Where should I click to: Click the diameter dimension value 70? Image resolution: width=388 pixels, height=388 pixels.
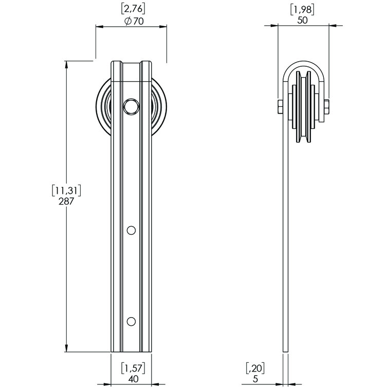(x=135, y=22)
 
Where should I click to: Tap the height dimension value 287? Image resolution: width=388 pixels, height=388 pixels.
(x=67, y=201)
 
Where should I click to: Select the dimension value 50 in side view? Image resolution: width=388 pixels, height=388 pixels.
(x=302, y=20)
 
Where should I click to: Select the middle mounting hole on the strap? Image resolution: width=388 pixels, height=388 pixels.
(x=132, y=230)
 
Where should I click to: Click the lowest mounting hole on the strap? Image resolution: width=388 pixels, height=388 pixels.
(x=132, y=321)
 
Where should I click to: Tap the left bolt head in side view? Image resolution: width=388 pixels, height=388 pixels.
(x=280, y=106)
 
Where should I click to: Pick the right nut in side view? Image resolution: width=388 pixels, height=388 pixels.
(x=326, y=107)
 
